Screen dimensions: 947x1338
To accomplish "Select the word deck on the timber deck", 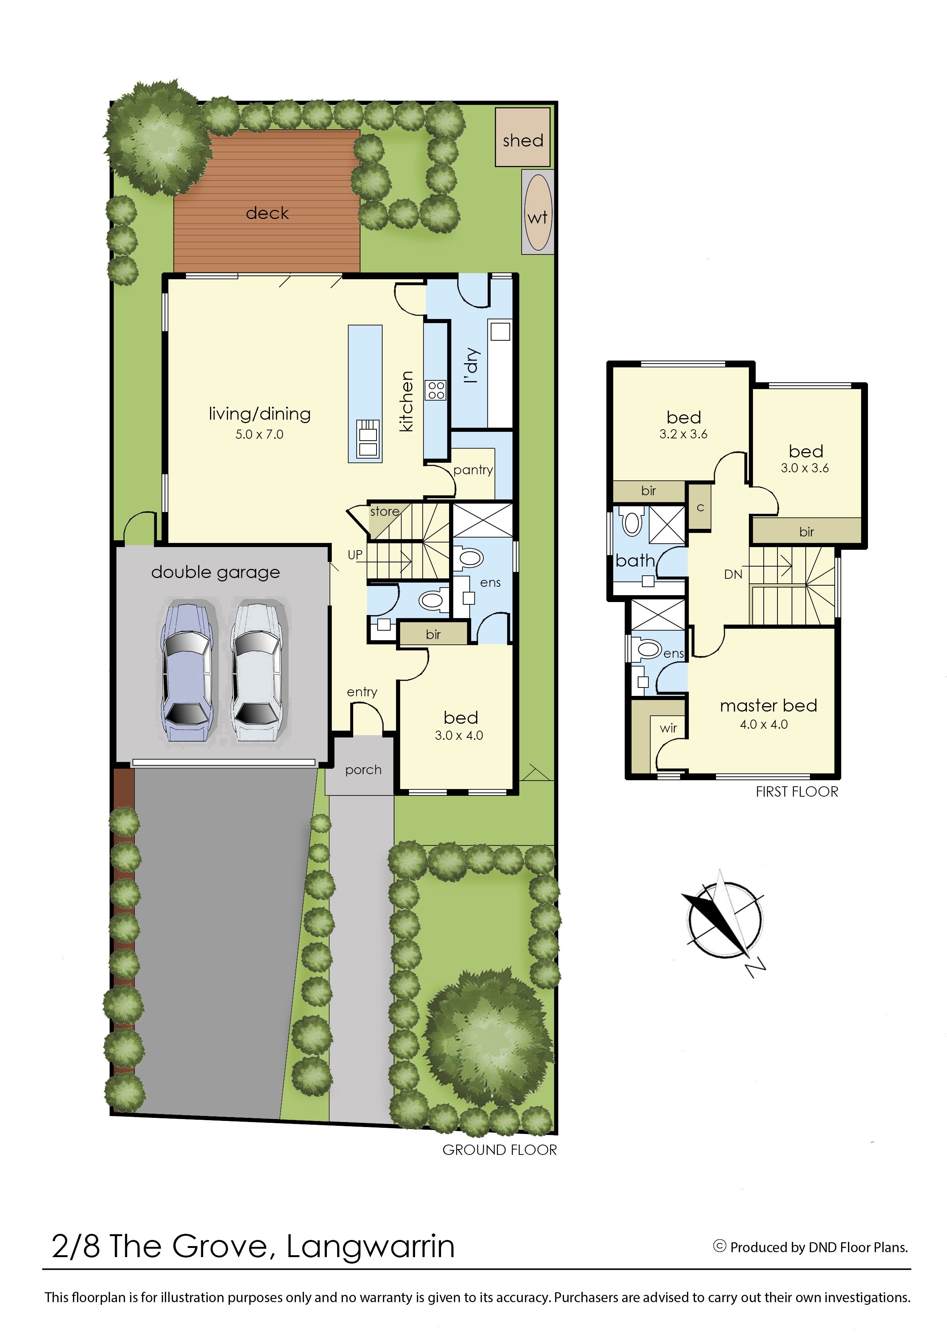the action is (x=267, y=213).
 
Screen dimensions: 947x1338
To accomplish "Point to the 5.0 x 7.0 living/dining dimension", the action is (x=260, y=434).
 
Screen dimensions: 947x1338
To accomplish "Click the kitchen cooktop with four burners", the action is (x=436, y=390).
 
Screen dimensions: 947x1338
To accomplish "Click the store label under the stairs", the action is (x=385, y=512).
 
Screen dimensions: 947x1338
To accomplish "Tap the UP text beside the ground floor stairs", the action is (x=355, y=555).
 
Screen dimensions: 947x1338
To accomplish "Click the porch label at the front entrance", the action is (x=363, y=770).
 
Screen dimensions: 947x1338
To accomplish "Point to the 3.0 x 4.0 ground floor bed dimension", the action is (x=459, y=736).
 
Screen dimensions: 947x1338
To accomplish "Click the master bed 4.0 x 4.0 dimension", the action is (x=764, y=725).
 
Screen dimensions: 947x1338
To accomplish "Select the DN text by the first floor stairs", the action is (x=733, y=575).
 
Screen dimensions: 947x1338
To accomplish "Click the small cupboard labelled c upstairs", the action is (x=700, y=507).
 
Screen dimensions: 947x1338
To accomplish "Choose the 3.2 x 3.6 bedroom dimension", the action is (x=684, y=434).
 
